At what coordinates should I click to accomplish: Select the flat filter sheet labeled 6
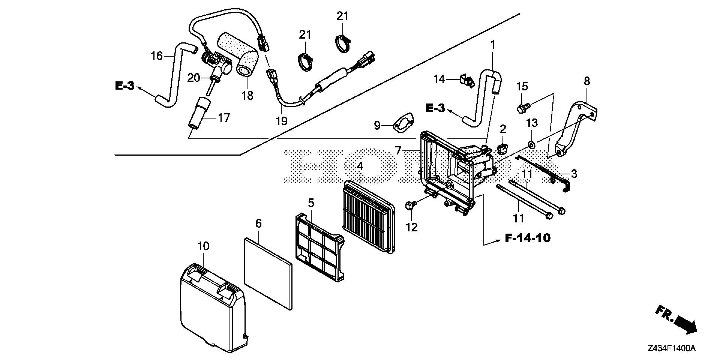268,268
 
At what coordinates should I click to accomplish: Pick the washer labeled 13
531,144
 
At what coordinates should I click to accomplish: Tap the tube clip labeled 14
466,80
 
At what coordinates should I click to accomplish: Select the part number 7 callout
398,151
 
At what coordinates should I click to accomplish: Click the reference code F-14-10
528,238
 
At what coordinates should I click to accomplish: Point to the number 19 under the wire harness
281,121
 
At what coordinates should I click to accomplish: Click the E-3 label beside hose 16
124,85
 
